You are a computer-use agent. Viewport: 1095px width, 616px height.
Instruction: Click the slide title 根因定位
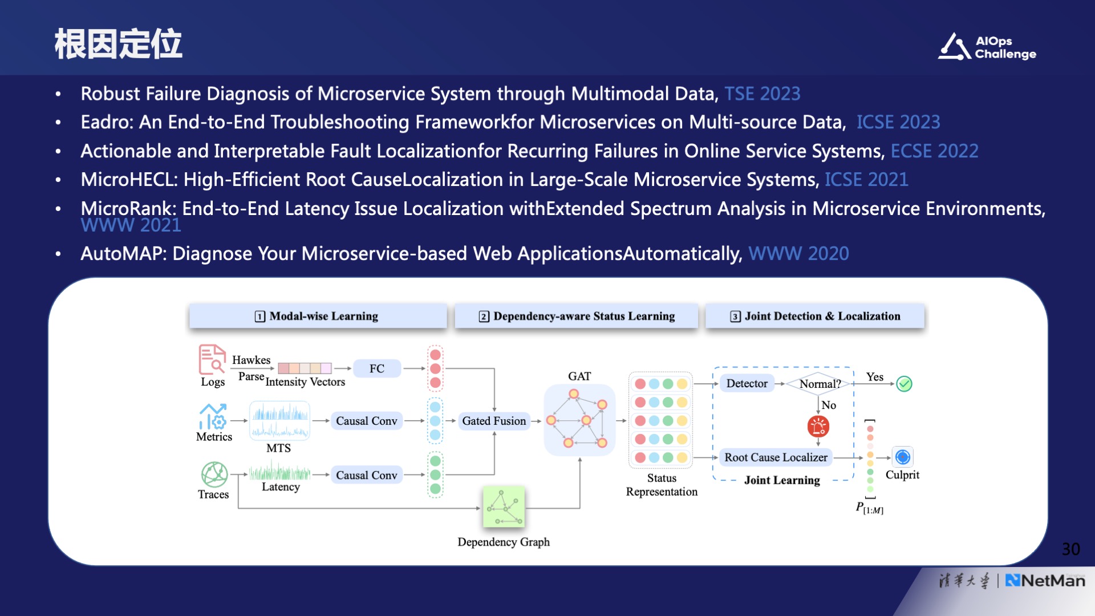[118, 44]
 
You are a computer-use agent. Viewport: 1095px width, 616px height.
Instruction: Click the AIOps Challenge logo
[987, 47]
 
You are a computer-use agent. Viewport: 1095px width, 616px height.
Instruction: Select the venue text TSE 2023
[762, 94]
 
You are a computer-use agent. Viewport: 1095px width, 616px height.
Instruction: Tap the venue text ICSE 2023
[898, 122]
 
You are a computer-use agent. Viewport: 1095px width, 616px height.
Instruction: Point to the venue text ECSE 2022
[934, 151]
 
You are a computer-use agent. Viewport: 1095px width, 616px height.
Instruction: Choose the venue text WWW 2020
[798, 253]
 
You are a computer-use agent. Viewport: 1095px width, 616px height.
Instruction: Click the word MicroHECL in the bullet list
[129, 180]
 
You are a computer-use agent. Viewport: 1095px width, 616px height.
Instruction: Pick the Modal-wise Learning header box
[317, 316]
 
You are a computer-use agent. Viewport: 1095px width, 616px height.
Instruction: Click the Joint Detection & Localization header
[815, 316]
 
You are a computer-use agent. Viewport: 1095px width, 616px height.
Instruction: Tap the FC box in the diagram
[376, 368]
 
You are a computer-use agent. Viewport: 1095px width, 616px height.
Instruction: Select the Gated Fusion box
[494, 421]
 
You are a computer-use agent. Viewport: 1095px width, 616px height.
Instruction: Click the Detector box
[747, 383]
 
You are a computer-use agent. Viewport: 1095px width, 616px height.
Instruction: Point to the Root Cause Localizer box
[776, 457]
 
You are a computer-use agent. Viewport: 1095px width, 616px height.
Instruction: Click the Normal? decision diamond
[820, 384]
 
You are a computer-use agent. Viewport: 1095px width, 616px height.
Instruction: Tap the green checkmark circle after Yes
[904, 384]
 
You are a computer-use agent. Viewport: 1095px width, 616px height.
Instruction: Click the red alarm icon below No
[818, 426]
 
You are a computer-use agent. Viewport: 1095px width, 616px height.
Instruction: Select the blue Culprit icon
[902, 457]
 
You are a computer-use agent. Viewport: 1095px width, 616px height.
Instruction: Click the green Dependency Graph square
[504, 506]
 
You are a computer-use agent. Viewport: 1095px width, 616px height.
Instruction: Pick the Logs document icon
[212, 359]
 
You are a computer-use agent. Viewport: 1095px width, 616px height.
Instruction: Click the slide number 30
[1070, 549]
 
